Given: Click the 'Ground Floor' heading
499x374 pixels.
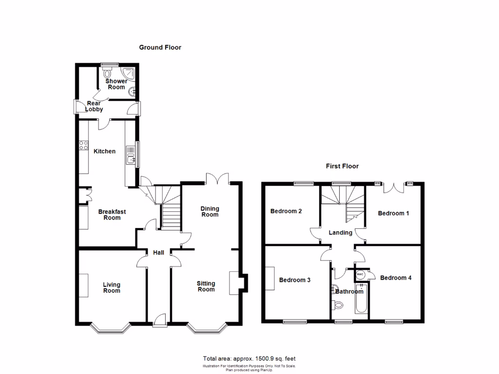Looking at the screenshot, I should [x=160, y=47].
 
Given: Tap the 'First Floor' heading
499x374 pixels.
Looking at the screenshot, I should [x=342, y=166].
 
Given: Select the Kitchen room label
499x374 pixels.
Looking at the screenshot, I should [x=105, y=151].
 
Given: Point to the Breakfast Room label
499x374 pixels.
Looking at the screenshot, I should [x=112, y=215].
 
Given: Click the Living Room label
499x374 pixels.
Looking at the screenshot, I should [x=112, y=288].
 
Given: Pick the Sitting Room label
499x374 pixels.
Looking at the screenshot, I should [x=206, y=286].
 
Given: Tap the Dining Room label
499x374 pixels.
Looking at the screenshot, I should [x=210, y=212].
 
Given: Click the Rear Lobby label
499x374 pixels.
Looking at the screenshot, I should [x=94, y=106].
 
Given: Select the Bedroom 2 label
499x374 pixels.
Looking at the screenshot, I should [x=286, y=211].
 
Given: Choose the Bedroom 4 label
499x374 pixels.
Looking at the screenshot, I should [x=396, y=278].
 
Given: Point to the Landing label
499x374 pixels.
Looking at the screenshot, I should [x=340, y=233].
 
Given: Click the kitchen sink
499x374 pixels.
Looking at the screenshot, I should [x=130, y=158].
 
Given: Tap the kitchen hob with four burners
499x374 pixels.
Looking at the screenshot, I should [x=83, y=145].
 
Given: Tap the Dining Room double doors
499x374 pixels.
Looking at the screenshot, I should [x=217, y=178].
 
